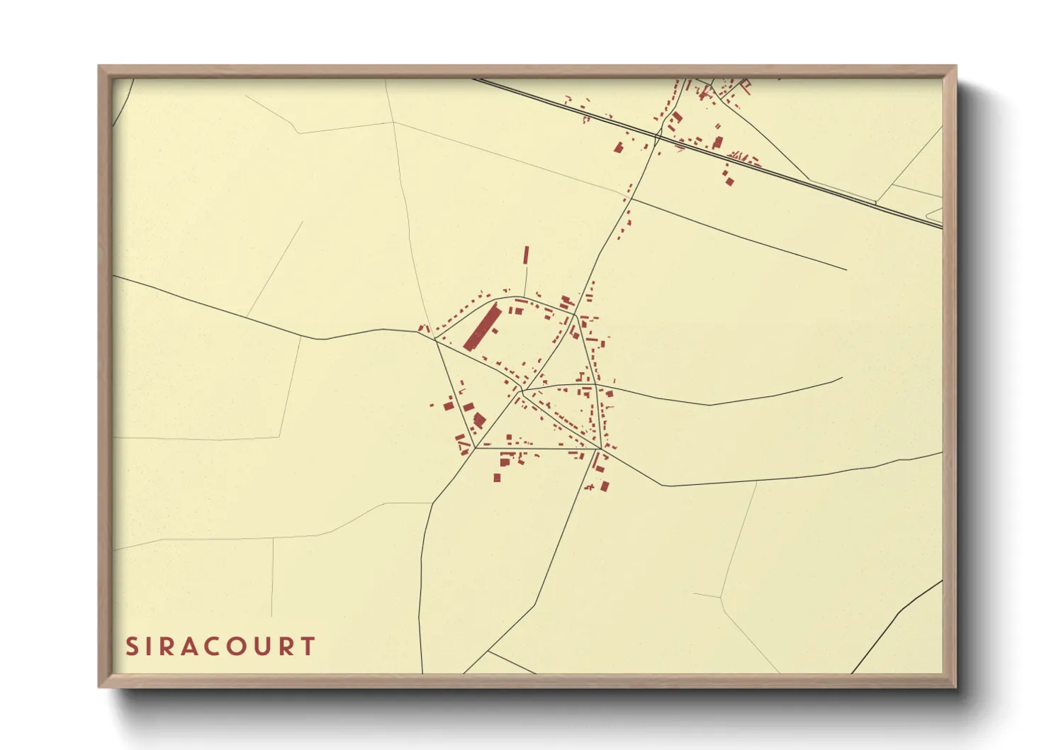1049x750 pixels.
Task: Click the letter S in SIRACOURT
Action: [131, 647]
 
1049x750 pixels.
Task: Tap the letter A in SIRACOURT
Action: [186, 647]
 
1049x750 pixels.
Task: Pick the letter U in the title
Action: [261, 647]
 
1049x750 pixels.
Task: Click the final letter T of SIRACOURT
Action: [308, 647]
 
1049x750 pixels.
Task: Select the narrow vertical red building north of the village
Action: [526, 255]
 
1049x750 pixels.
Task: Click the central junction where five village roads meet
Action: [522, 390]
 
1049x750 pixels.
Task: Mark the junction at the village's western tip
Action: [434, 339]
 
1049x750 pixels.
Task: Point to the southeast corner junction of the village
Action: [601, 448]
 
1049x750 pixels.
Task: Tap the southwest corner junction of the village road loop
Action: [474, 447]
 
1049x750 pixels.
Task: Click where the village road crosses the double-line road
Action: [657, 135]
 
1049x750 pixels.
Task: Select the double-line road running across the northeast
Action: [815, 181]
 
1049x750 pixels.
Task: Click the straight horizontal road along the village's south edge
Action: [539, 448]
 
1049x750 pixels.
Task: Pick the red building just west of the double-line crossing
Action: [618, 147]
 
